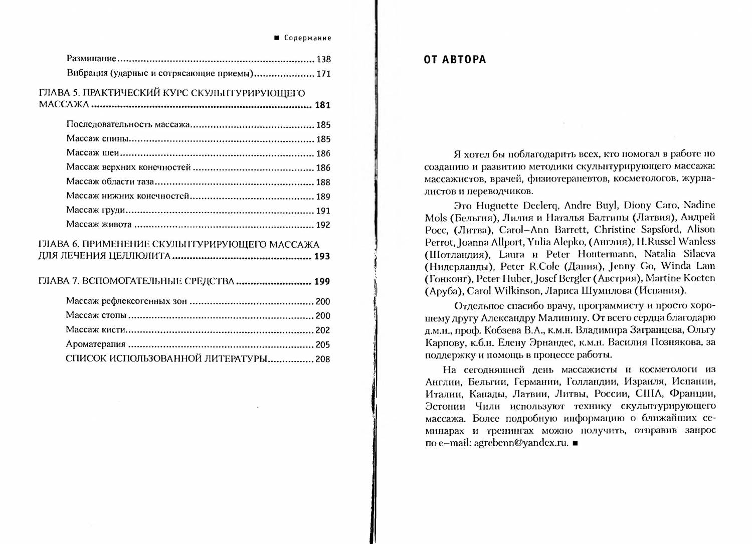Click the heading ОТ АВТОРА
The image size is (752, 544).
click(455, 60)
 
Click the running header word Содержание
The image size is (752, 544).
click(307, 38)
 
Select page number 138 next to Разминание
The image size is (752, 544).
click(323, 59)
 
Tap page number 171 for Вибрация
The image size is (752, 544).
click(323, 74)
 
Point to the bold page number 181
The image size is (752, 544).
click(322, 105)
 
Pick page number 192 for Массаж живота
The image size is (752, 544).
click(323, 225)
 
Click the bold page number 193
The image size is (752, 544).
click(322, 257)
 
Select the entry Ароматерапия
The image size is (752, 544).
click(96, 344)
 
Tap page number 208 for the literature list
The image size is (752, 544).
click(323, 359)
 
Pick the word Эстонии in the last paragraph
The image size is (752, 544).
click(445, 406)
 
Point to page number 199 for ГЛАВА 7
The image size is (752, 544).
click(322, 281)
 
